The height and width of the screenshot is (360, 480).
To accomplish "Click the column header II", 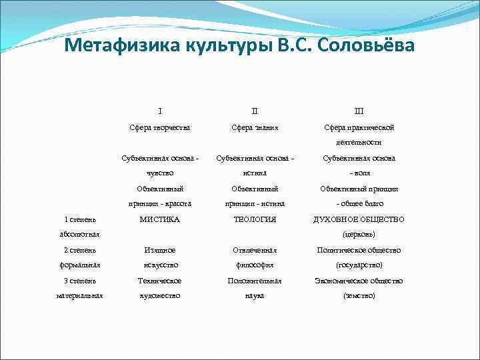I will pyautogui.click(x=254, y=111).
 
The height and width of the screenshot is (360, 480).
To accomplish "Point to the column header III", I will pyautogui.click(x=359, y=111).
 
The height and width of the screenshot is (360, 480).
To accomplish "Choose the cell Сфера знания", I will pyautogui.click(x=254, y=127).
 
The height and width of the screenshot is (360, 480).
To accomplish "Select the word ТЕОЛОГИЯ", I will pyautogui.click(x=254, y=219).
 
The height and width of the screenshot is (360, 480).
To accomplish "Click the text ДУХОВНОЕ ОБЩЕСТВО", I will pyautogui.click(x=359, y=219).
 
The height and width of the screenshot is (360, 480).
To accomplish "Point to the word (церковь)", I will pyautogui.click(x=359, y=235).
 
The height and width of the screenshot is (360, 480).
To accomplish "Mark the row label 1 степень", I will pyautogui.click(x=79, y=219).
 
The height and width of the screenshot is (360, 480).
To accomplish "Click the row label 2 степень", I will pyautogui.click(x=79, y=250).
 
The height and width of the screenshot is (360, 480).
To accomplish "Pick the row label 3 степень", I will pyautogui.click(x=79, y=281).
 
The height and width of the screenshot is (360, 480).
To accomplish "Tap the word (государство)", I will pyautogui.click(x=359, y=265).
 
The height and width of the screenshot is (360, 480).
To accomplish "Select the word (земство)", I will pyautogui.click(x=359, y=296).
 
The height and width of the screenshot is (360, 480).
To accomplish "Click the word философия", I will pyautogui.click(x=254, y=265).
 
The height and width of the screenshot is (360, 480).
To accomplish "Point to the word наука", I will pyautogui.click(x=254, y=296).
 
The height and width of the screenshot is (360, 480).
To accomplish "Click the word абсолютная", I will pyautogui.click(x=79, y=235).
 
